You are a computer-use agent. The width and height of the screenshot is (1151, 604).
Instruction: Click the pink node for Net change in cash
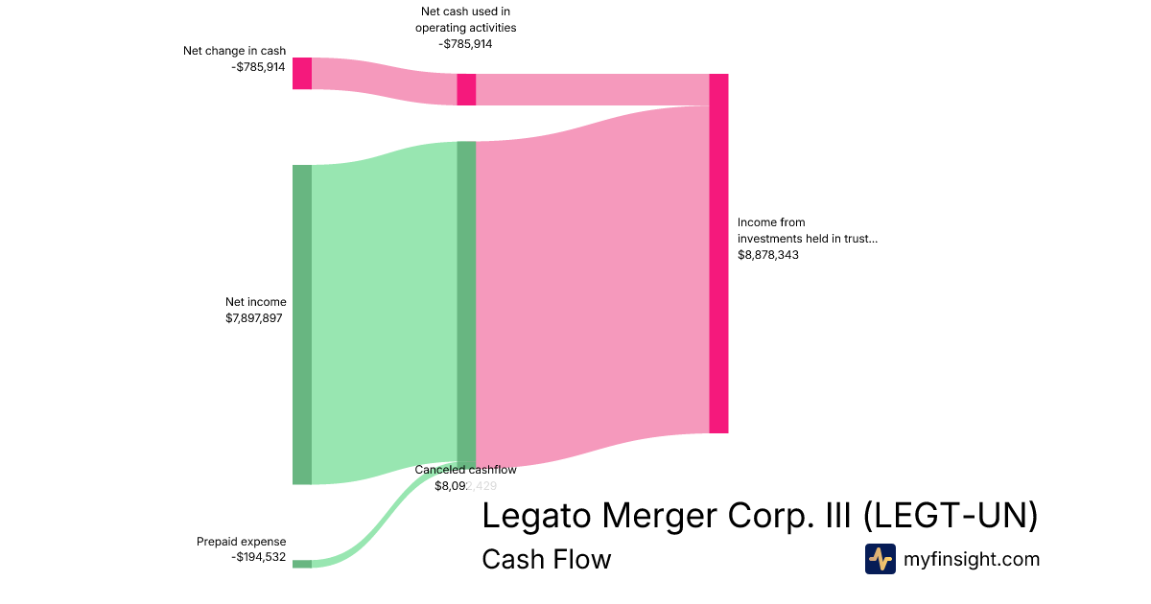pyautogui.click(x=302, y=73)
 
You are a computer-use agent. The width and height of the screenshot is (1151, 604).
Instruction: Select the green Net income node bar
pyautogui.click(x=302, y=324)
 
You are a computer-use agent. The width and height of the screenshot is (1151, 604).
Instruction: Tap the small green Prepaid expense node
pyautogui.click(x=302, y=564)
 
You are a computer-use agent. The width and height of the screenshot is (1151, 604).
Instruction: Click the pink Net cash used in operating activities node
pyautogui.click(x=466, y=89)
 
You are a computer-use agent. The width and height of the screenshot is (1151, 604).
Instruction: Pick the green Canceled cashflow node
pyautogui.click(x=466, y=303)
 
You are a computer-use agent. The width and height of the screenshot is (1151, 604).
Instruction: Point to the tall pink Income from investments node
pyautogui.click(x=718, y=253)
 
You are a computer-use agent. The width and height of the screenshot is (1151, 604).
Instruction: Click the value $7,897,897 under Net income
pyautogui.click(x=254, y=318)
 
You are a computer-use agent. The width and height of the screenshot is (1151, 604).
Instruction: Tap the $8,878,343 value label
pyautogui.click(x=768, y=255)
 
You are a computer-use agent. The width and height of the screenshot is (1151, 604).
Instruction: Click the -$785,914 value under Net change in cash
pyautogui.click(x=258, y=67)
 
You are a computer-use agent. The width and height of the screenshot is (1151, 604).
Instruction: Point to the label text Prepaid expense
pyautogui.click(x=241, y=542)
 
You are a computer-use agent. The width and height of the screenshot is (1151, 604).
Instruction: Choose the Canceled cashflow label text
pyautogui.click(x=465, y=470)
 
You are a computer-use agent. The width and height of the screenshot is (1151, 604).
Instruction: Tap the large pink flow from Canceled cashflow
pyautogui.click(x=592, y=278)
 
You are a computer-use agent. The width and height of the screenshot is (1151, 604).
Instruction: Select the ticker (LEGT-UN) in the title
pyautogui.click(x=951, y=516)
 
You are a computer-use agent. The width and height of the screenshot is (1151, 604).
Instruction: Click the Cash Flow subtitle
pyautogui.click(x=546, y=559)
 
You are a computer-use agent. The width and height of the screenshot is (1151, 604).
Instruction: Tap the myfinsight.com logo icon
pyautogui.click(x=880, y=559)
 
